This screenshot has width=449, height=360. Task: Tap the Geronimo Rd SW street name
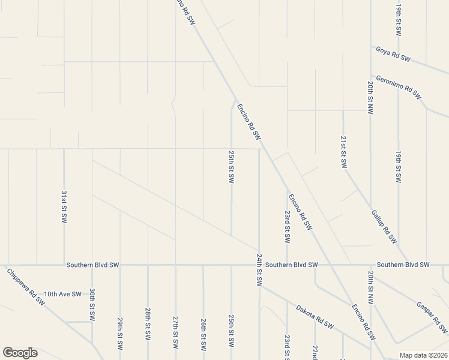tap(399, 88)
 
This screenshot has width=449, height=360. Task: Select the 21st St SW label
tap(343, 154)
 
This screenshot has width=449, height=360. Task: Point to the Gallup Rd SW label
tap(384, 227)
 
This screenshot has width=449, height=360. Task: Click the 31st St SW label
tap(64, 207)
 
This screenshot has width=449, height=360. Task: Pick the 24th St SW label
tap(259, 270)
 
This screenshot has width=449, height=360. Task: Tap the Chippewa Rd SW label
tap(26, 287)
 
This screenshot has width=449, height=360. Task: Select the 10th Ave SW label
tap(62, 294)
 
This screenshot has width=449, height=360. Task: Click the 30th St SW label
tap(92, 305)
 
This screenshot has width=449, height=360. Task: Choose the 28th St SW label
tap(148, 324)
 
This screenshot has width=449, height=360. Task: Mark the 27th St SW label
tap(175, 332)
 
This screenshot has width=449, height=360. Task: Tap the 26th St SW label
tap(203, 334)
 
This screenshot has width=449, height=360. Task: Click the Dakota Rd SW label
tap(315, 317)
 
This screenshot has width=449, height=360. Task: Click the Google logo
tap(20, 353)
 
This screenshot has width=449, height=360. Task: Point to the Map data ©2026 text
tap(423, 355)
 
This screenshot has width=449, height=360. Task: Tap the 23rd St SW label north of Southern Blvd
tap(288, 227)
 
